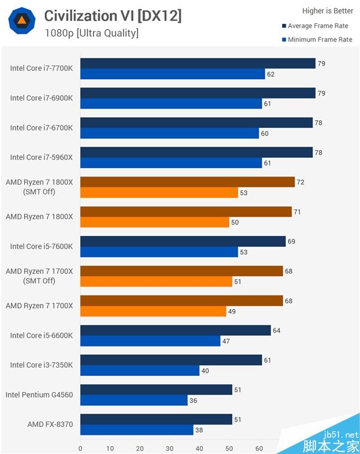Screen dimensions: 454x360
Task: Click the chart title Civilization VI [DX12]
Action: point(112,16)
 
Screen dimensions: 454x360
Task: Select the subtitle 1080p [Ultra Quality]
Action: point(91,33)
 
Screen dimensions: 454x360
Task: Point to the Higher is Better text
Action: point(327,11)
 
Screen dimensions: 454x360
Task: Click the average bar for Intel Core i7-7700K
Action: point(198,63)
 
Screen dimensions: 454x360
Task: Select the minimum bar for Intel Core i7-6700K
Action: point(170,133)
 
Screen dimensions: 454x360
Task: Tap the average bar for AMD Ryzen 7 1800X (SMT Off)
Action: point(187,181)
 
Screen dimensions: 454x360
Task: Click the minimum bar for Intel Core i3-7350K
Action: point(140,371)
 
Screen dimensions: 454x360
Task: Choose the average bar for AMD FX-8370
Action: point(156,419)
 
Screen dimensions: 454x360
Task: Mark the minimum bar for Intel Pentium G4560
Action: point(134,400)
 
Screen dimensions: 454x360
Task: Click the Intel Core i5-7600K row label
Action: point(41,246)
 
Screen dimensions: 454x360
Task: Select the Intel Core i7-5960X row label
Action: point(41,157)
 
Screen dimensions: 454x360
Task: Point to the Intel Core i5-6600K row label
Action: point(41,336)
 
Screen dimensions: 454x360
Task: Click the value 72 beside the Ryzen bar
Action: point(301,181)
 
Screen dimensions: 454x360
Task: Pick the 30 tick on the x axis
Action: point(170,447)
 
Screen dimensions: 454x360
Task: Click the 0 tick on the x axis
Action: point(80,447)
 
